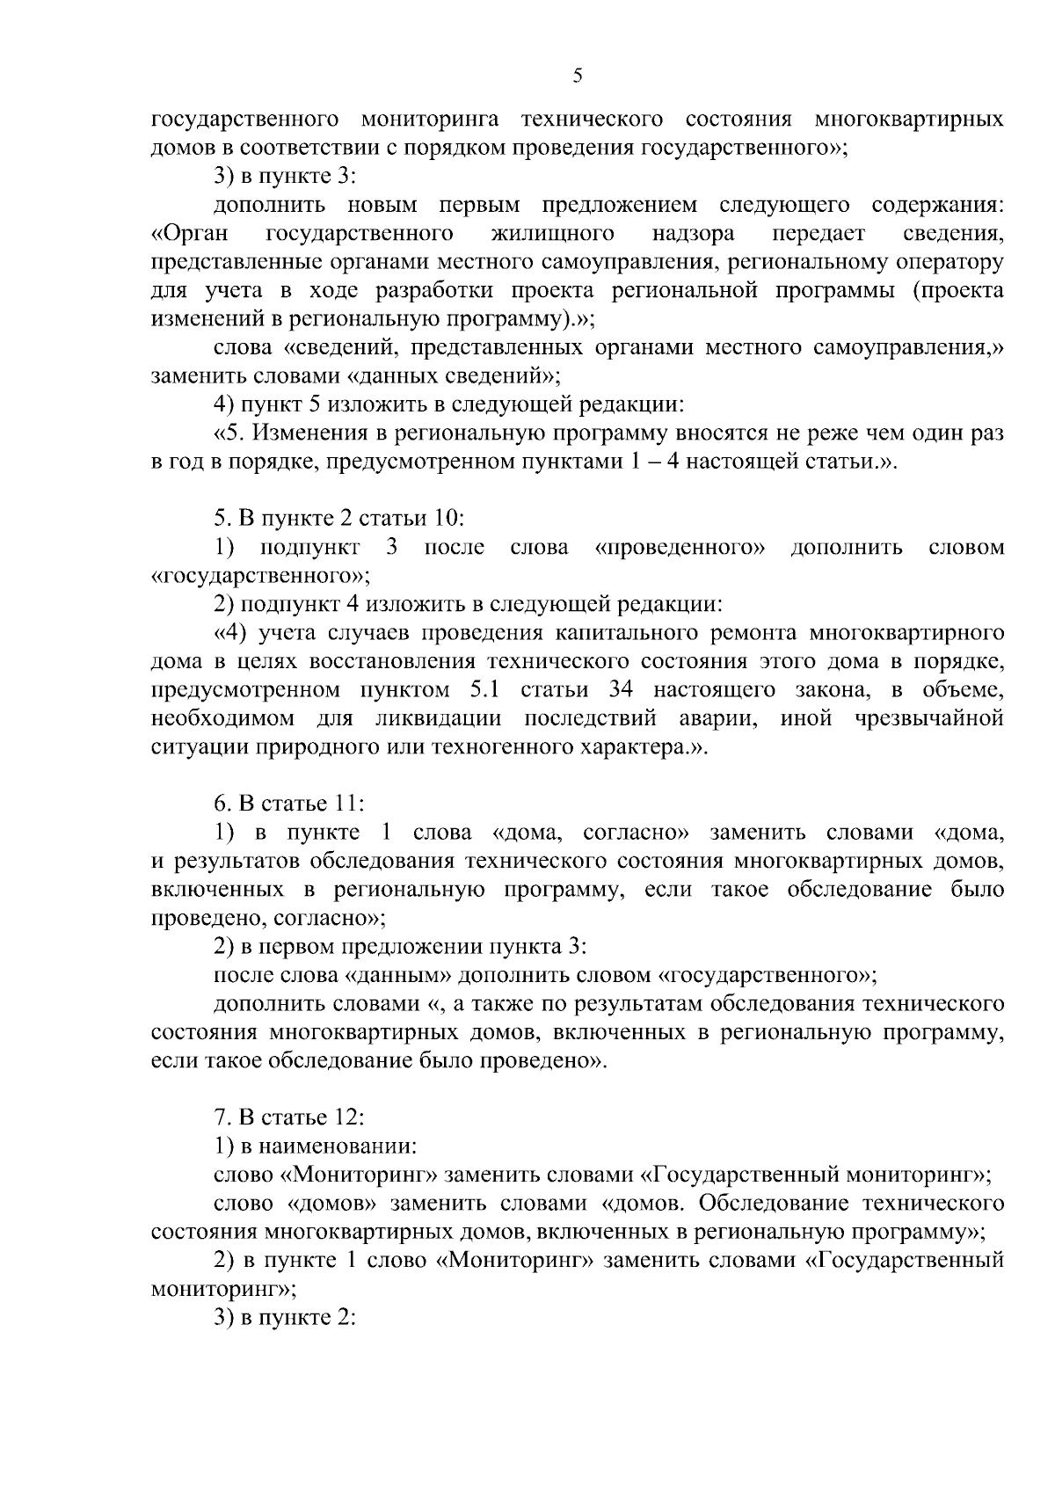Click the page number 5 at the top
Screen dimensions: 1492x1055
click(577, 76)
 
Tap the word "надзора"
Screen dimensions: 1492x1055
click(694, 234)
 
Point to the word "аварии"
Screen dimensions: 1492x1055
click(717, 718)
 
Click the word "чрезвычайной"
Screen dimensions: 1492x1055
click(928, 718)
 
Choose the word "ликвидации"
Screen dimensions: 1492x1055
click(437, 718)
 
